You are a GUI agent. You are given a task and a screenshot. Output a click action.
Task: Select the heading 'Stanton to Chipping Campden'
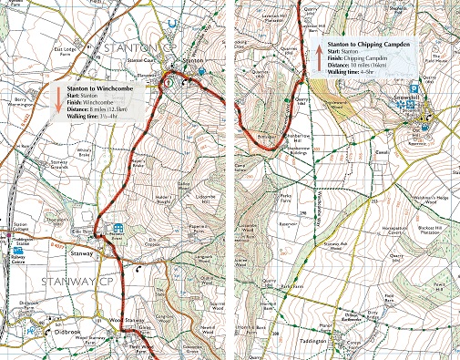365,43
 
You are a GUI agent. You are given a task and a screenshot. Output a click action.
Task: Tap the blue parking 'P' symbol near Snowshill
414,88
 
